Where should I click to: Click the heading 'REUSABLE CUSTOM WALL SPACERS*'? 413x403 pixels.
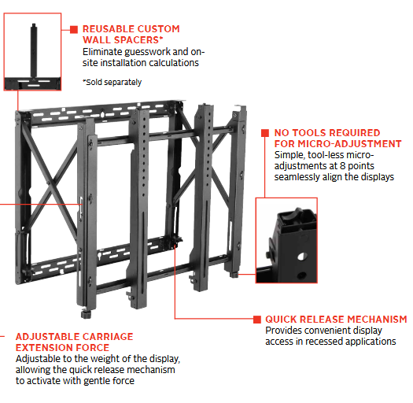(x=131, y=35)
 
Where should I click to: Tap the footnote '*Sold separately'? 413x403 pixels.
(x=112, y=82)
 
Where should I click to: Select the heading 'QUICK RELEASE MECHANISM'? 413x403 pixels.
(x=336, y=320)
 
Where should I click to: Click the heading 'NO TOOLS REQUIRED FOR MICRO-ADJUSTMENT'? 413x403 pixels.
(x=337, y=138)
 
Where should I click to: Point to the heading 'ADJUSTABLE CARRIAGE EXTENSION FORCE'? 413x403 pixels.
(x=74, y=342)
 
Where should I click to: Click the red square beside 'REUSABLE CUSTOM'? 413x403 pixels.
(x=74, y=30)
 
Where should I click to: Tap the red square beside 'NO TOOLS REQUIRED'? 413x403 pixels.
(x=265, y=133)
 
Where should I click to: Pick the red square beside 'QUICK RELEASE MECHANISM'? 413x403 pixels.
(x=257, y=320)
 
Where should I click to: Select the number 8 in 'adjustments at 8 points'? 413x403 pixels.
(x=342, y=166)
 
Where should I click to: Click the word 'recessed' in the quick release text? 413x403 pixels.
(x=324, y=342)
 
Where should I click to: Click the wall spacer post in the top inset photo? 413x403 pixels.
(x=34, y=50)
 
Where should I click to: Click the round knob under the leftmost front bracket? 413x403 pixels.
(x=86, y=314)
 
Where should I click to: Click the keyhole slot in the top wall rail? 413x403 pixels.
(x=102, y=114)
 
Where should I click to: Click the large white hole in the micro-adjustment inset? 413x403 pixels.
(x=302, y=256)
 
